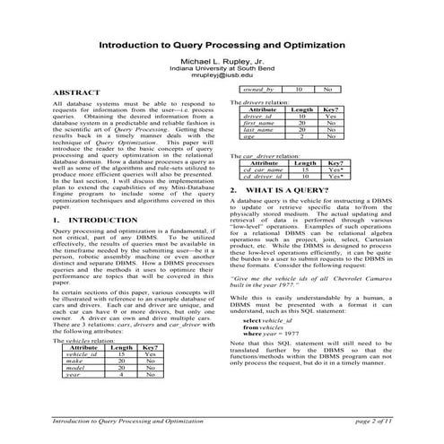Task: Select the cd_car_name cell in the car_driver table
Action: point(266,169)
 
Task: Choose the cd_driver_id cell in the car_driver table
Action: point(266,176)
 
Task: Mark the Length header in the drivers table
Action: point(302,109)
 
